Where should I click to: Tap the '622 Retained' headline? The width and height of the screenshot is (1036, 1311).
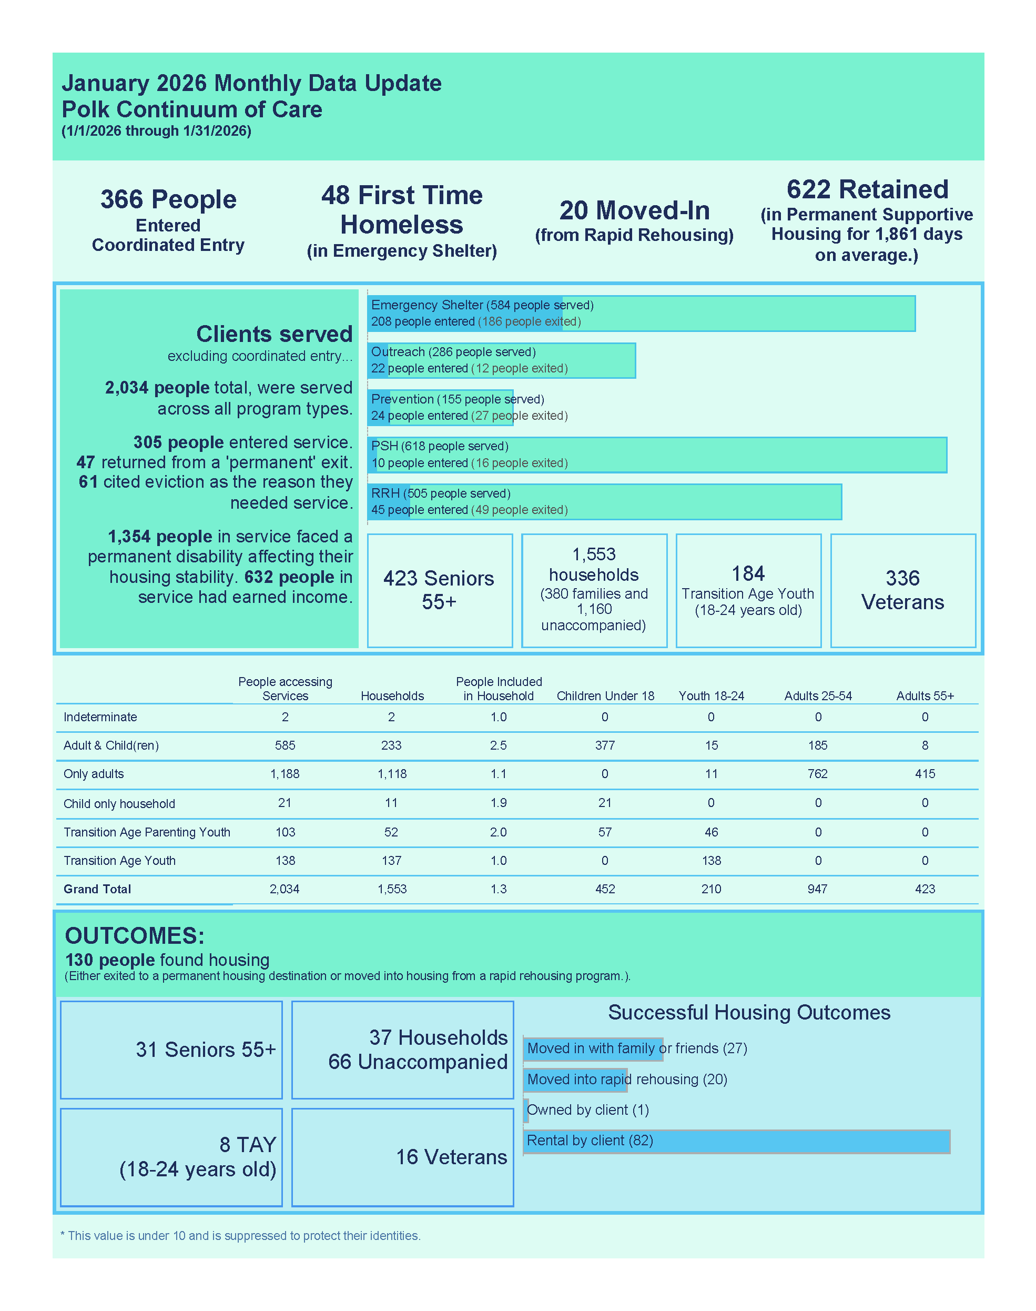867,189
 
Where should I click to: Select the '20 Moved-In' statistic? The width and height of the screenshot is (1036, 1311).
634,210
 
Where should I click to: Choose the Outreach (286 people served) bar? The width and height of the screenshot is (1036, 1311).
501,360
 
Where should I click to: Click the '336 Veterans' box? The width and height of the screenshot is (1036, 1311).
902,590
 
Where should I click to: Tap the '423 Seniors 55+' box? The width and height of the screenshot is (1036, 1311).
439,590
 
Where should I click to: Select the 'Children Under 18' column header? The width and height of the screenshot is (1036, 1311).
605,696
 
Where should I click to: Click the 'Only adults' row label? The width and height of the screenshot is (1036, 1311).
94,773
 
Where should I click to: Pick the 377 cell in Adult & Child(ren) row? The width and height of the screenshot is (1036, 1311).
605,745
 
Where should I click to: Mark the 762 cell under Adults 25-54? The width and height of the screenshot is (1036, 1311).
817,773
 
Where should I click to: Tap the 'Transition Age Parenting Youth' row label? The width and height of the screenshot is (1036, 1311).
147,832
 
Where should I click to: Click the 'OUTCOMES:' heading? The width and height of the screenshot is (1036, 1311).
135,935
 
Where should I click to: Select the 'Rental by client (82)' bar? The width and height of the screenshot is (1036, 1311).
736,1141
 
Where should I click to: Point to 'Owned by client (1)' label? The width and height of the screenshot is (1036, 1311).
588,1110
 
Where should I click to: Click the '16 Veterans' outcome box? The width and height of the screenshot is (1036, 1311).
451,1157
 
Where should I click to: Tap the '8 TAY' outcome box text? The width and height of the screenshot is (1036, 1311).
248,1145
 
